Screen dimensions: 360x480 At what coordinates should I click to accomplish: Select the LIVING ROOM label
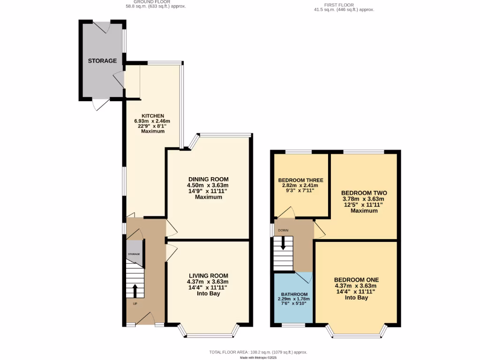tap(208, 276)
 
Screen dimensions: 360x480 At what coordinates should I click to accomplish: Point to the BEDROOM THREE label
tap(300, 180)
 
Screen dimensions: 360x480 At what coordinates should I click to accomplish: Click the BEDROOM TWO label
tap(364, 193)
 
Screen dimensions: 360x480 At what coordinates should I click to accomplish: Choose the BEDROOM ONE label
tap(356, 279)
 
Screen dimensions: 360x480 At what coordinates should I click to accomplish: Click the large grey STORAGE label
tap(102, 61)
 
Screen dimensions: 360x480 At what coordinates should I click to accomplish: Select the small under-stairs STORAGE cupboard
tap(135, 254)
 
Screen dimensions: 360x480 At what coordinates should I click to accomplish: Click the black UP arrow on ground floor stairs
tap(135, 291)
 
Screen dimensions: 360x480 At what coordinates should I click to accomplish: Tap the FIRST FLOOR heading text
tap(344, 5)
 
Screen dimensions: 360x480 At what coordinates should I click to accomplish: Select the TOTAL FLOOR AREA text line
tap(258, 352)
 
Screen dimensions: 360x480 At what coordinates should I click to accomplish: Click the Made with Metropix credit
tap(258, 357)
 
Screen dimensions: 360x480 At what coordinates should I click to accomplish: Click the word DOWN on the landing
tap(283, 230)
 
